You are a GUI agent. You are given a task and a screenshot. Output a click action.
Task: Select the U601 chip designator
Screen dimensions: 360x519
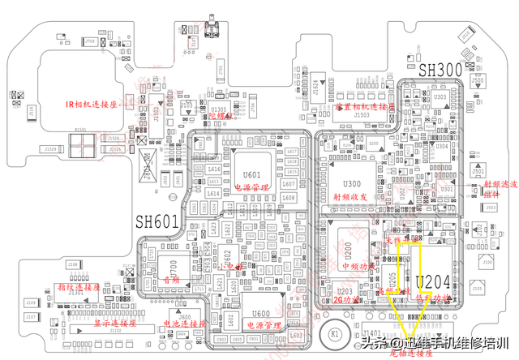pyautogui.click(x=252, y=174)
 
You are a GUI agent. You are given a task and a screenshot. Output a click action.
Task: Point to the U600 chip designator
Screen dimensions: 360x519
pyautogui.click(x=260, y=314)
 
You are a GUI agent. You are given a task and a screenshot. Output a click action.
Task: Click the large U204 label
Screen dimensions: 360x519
pyautogui.click(x=434, y=282)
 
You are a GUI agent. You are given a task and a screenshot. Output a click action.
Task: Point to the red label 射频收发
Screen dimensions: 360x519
pyautogui.click(x=350, y=196)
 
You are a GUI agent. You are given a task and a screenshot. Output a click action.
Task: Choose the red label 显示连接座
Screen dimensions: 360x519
pyautogui.click(x=113, y=322)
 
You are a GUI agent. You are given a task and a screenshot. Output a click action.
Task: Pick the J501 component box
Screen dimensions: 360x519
pyautogui.click(x=478, y=172)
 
